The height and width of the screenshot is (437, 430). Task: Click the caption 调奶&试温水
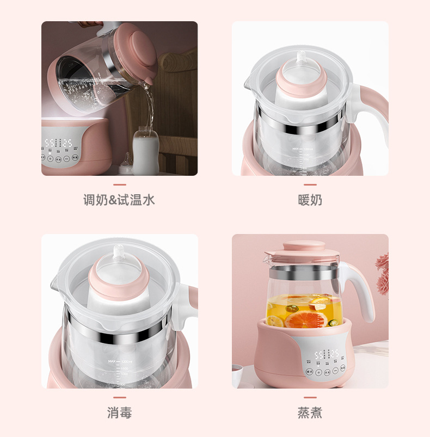119,200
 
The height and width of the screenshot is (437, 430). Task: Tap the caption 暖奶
310,200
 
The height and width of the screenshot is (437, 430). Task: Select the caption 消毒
119,413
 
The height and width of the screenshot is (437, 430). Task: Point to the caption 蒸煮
310,413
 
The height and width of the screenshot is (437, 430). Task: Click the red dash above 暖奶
310,185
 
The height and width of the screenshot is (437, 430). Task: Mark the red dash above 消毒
119,398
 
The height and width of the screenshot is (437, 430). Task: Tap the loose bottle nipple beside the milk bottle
126,163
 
